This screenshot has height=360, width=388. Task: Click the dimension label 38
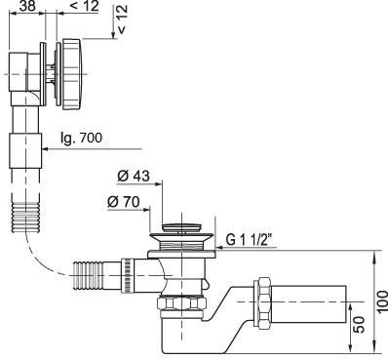click(x=27, y=6)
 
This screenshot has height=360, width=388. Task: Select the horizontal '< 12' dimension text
click(x=84, y=6)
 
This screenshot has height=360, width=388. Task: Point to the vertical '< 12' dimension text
click(x=122, y=20)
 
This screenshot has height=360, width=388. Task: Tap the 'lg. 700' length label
click(x=81, y=139)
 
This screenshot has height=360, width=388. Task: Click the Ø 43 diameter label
click(x=134, y=177)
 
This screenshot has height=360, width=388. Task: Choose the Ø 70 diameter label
click(x=124, y=202)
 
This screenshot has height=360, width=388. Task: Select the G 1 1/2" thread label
click(x=249, y=240)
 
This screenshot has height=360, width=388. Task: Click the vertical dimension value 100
click(x=382, y=301)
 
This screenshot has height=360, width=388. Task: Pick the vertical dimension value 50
click(x=359, y=324)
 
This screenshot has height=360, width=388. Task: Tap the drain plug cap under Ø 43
click(x=182, y=227)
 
